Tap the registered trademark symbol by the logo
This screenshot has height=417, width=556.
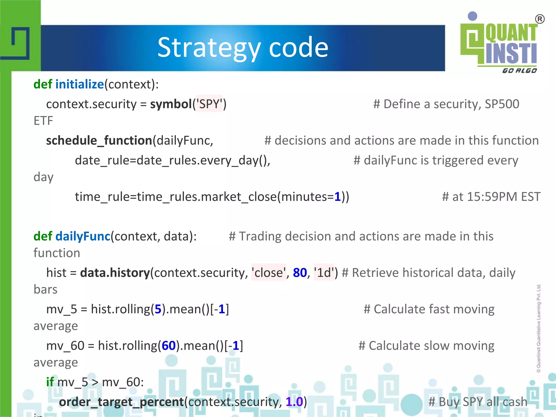[540, 19]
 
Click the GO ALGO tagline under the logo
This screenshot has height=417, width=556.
[519, 71]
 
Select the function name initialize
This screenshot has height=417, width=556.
[80, 84]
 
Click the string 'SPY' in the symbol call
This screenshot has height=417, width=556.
[209, 104]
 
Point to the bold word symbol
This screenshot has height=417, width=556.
[171, 104]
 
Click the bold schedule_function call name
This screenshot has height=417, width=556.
[99, 141]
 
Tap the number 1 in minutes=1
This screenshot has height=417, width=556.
[337, 197]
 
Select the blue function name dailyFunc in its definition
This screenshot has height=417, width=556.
[83, 236]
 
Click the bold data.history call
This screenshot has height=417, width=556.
[115, 273]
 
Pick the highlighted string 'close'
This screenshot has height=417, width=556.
[268, 273]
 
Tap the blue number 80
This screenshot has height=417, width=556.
[300, 273]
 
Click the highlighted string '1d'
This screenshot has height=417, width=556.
[324, 273]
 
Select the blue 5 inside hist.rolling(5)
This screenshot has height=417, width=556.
[158, 309]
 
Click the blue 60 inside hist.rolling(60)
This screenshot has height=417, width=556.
[169, 346]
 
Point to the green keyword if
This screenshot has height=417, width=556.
[50, 382]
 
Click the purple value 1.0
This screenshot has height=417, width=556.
[294, 402]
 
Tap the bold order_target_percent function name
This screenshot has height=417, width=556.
[121, 402]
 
